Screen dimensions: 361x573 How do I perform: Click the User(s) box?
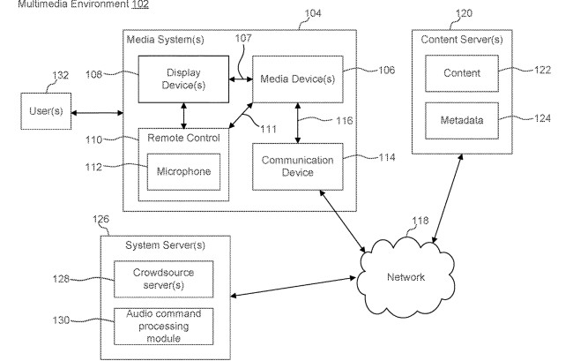point(44,113)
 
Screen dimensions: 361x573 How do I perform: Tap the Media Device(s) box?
point(296,79)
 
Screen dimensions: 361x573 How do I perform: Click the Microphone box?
point(184,171)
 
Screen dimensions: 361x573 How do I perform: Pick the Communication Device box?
point(296,166)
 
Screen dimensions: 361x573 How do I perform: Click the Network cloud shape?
point(406,277)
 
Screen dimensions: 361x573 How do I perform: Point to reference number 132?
point(59,77)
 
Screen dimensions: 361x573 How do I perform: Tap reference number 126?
point(102,220)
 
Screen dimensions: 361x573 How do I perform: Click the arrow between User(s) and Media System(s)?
point(96,113)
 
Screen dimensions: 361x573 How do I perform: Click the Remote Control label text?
point(182,138)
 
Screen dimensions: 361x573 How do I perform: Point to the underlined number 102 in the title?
point(139,4)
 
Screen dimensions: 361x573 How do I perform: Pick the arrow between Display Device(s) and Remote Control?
point(183,115)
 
